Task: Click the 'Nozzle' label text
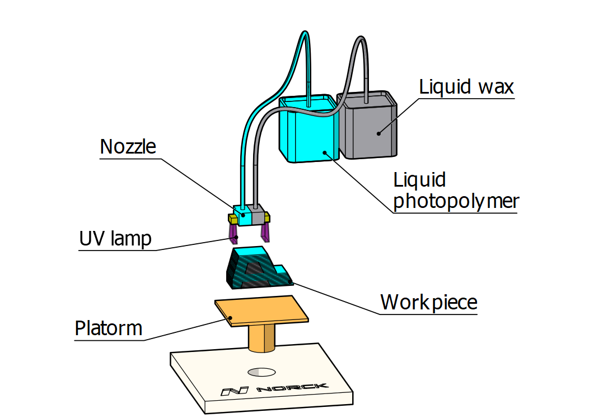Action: point(128,147)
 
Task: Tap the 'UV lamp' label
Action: point(115,239)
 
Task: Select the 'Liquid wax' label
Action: point(466,87)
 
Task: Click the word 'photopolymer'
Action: point(456,201)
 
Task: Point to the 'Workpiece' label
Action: point(428,302)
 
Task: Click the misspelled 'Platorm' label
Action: point(109,328)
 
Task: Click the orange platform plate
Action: point(262,311)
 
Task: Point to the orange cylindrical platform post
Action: point(261,339)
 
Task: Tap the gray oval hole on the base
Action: point(261,371)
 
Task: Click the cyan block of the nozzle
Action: point(245,217)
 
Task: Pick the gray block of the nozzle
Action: point(258,216)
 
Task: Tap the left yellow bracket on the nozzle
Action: point(231,217)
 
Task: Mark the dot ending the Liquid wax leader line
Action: point(378,133)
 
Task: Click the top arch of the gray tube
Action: point(359,40)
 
